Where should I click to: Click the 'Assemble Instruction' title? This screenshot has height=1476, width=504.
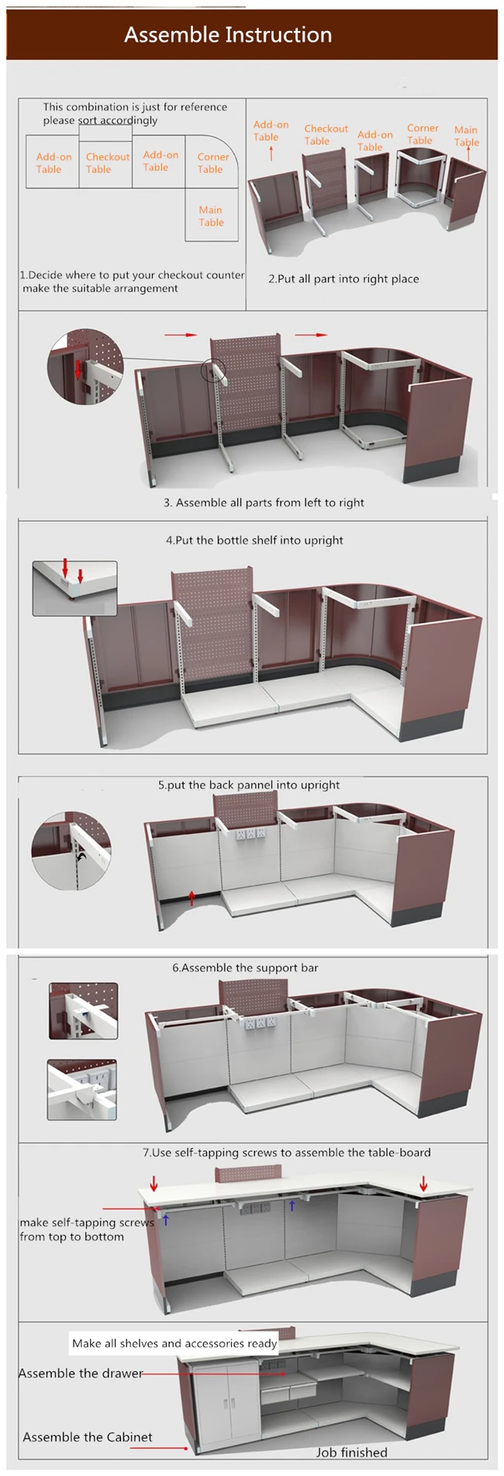[228, 35]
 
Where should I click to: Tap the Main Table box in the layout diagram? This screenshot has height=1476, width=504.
[212, 215]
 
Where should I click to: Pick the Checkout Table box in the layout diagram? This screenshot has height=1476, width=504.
[105, 162]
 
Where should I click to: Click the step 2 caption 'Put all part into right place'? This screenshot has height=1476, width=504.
[343, 279]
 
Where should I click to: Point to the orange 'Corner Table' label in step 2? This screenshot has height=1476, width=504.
[422, 134]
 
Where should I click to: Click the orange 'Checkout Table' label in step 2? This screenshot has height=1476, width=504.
[326, 135]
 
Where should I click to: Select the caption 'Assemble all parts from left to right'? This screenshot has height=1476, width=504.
[264, 503]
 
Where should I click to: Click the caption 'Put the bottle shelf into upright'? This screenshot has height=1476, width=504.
[254, 541]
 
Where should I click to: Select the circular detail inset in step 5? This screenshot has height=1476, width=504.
[71, 851]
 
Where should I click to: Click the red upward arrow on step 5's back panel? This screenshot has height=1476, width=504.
[192, 897]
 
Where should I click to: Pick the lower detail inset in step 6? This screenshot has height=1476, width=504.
[82, 1090]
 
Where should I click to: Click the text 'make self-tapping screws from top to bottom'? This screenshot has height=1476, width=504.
[87, 1229]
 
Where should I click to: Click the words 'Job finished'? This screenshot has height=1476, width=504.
[352, 1452]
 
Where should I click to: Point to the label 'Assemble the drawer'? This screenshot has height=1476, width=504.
[81, 1373]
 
